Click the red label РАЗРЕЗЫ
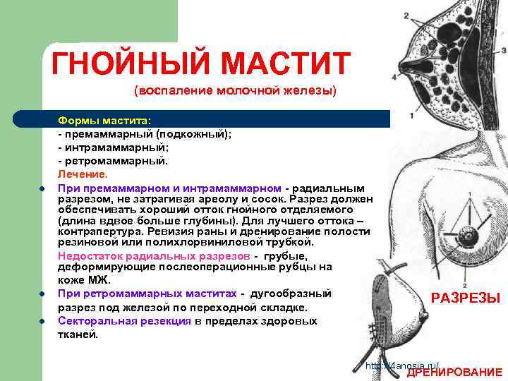[466, 298]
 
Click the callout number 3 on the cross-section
[503, 51]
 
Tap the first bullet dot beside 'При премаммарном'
[42, 188]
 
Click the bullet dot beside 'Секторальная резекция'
[42, 321]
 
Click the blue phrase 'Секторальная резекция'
[125, 321]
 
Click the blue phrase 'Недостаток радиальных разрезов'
[154, 255]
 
